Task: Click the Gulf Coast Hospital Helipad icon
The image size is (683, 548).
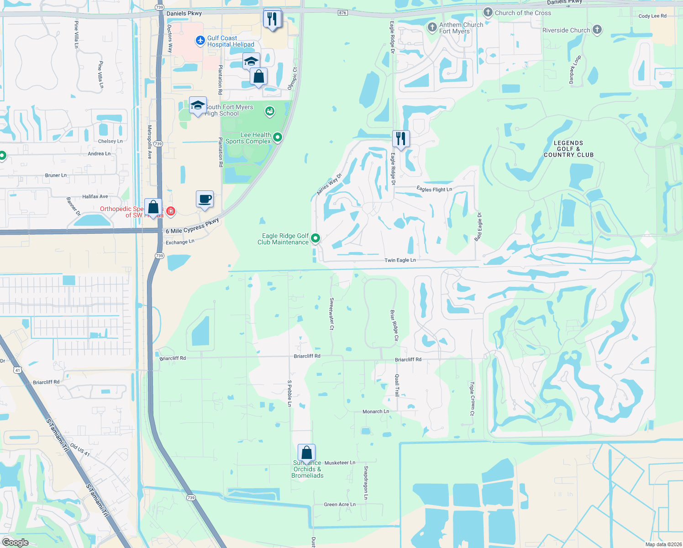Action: click(200, 41)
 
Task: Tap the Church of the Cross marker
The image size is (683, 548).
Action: click(488, 12)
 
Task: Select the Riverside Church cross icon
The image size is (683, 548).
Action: click(597, 30)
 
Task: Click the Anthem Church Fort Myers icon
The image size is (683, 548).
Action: click(432, 27)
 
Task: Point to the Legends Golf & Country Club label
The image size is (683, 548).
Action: click(568, 149)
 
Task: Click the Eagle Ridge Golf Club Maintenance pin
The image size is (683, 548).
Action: click(315, 238)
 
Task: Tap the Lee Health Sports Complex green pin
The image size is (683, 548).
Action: click(277, 137)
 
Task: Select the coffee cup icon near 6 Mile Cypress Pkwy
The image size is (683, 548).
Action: click(205, 199)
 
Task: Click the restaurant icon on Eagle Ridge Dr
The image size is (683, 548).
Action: click(401, 138)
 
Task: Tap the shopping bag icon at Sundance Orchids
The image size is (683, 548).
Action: click(307, 453)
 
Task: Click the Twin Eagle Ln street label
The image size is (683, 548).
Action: click(400, 260)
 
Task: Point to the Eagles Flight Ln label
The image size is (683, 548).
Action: click(434, 189)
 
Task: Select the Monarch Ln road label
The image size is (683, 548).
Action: click(376, 411)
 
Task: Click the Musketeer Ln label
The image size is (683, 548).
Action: click(340, 463)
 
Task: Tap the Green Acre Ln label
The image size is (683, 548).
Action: click(340, 505)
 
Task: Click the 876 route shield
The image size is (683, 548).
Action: click(343, 13)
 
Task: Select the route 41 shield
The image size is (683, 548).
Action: click(18, 370)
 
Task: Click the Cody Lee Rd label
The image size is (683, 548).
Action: click(652, 16)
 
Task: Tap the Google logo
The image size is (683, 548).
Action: click(16, 542)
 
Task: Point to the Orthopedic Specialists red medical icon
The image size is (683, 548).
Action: click(170, 211)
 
